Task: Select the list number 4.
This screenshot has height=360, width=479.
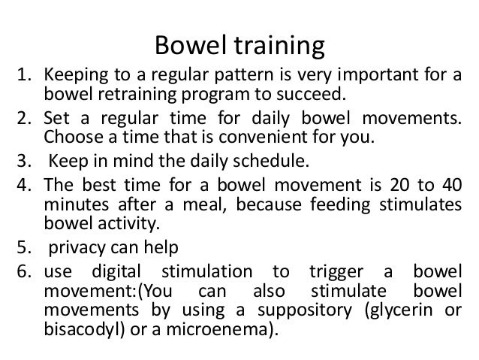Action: [23, 186]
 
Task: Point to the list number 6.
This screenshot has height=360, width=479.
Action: [23, 270]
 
